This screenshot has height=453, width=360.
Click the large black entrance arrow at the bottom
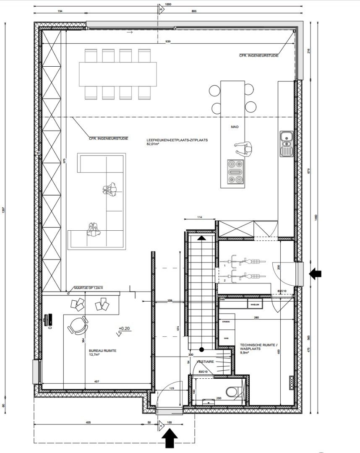coord(170,440)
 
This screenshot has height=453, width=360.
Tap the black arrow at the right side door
coord(315,274)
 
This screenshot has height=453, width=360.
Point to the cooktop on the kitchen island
coord(235,172)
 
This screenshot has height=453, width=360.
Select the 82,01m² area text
coord(154,144)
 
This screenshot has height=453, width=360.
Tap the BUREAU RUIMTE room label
coord(103,351)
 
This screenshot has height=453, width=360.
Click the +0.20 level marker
coord(125,328)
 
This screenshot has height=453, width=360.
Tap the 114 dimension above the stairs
coord(200,217)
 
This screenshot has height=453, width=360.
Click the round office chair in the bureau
coord(78,325)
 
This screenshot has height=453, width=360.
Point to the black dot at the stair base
coord(202,349)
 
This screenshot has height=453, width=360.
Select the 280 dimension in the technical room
coord(256,318)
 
